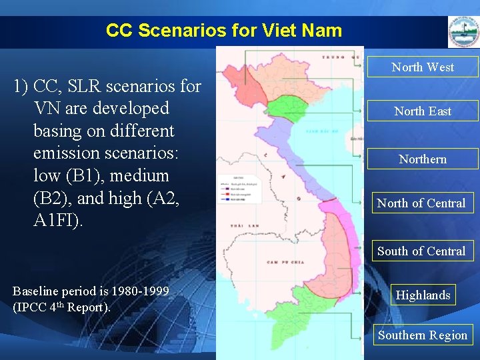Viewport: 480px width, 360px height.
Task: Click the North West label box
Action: (423, 67)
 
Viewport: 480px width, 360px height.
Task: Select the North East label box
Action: (423, 111)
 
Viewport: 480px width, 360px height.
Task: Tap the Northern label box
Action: (423, 159)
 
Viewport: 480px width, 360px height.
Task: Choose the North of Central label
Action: (421, 203)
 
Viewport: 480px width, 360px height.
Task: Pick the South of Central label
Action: (421, 251)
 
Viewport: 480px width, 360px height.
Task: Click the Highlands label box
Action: (423, 295)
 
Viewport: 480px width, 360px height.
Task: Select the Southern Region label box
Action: (423, 335)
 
